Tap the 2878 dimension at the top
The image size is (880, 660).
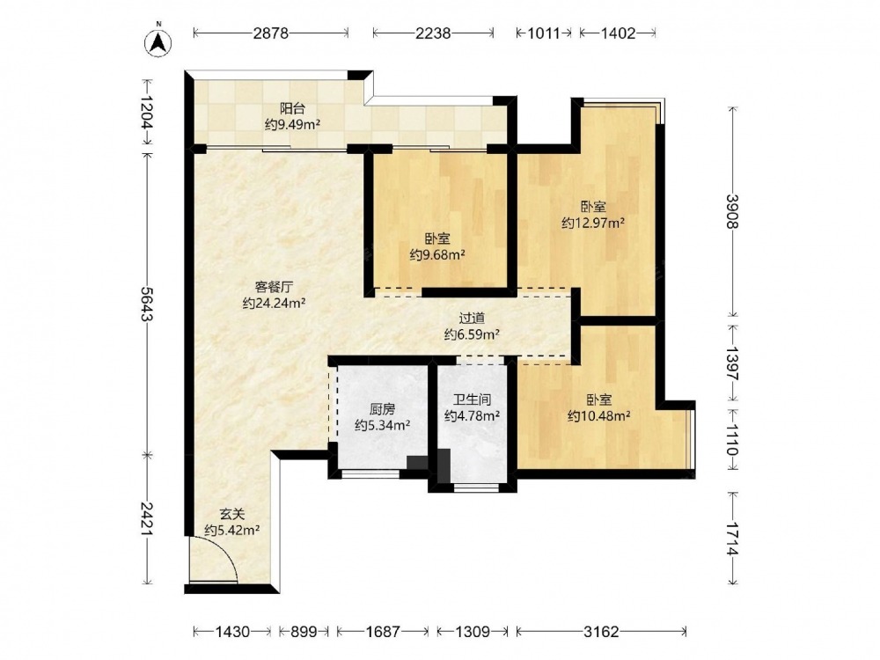tap(270, 33)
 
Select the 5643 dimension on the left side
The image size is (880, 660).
tap(148, 304)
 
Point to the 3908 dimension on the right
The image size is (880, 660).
tap(732, 211)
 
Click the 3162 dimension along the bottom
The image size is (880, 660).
tap(601, 632)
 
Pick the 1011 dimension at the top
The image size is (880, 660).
tap(544, 33)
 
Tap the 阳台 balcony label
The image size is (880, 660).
tap(292, 108)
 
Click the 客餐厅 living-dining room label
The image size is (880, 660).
tap(274, 288)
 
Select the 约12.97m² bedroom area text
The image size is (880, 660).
tap(593, 224)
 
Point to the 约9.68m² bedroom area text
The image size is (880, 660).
tap(437, 255)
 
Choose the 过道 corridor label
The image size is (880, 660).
tap(472, 319)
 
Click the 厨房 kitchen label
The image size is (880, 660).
tap(382, 409)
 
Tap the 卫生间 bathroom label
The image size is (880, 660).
tap(472, 399)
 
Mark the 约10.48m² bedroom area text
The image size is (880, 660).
tap(598, 416)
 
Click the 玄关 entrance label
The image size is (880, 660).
tap(231, 514)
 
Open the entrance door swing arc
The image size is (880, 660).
tap(224, 549)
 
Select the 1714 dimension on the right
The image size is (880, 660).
tap(732, 539)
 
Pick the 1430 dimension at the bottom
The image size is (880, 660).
tap(232, 632)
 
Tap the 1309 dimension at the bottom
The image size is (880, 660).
tap(473, 632)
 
